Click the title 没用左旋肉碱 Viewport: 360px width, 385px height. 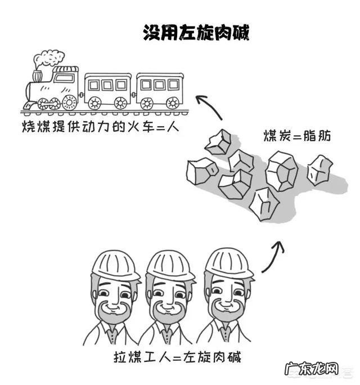196,32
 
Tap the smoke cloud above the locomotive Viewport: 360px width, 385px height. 49,59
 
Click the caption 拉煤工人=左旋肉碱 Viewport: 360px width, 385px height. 177,358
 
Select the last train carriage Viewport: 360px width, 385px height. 160,90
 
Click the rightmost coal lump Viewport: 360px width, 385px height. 319,169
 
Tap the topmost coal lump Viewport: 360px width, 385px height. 218,142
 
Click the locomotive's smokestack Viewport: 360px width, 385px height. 38,75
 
